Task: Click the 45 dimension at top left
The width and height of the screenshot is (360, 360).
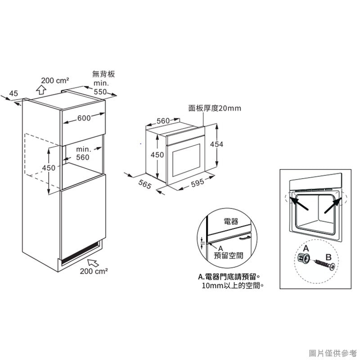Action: tap(13, 94)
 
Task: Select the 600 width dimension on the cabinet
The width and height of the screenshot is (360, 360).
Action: tap(84, 118)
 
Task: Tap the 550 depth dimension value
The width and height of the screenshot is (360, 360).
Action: tap(100, 92)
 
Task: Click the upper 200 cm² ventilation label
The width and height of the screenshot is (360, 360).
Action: tap(55, 81)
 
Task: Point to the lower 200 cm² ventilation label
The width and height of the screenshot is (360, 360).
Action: tap(94, 271)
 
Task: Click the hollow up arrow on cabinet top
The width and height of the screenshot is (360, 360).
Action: tap(41, 90)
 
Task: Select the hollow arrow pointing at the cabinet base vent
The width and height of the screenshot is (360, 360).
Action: tap(93, 262)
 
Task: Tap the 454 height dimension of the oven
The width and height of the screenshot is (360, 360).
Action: tap(216, 144)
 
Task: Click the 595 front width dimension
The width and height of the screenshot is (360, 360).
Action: tap(198, 183)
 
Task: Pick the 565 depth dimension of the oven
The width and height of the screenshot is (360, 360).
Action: tap(145, 184)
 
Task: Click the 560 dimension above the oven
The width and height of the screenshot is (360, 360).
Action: tap(163, 121)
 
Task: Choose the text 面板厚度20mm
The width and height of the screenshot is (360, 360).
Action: tap(215, 108)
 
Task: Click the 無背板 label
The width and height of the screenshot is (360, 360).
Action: tap(103, 74)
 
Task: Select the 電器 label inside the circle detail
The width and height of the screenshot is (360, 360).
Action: tap(231, 221)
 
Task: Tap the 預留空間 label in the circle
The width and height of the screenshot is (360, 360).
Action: tap(229, 255)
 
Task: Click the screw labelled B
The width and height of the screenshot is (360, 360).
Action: tap(325, 265)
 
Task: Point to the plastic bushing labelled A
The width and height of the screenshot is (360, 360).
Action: tap(303, 258)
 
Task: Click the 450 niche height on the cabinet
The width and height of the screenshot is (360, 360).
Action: tap(49, 168)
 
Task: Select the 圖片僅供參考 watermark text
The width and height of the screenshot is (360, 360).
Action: tap(333, 353)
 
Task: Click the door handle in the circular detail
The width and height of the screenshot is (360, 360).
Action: tap(245, 238)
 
